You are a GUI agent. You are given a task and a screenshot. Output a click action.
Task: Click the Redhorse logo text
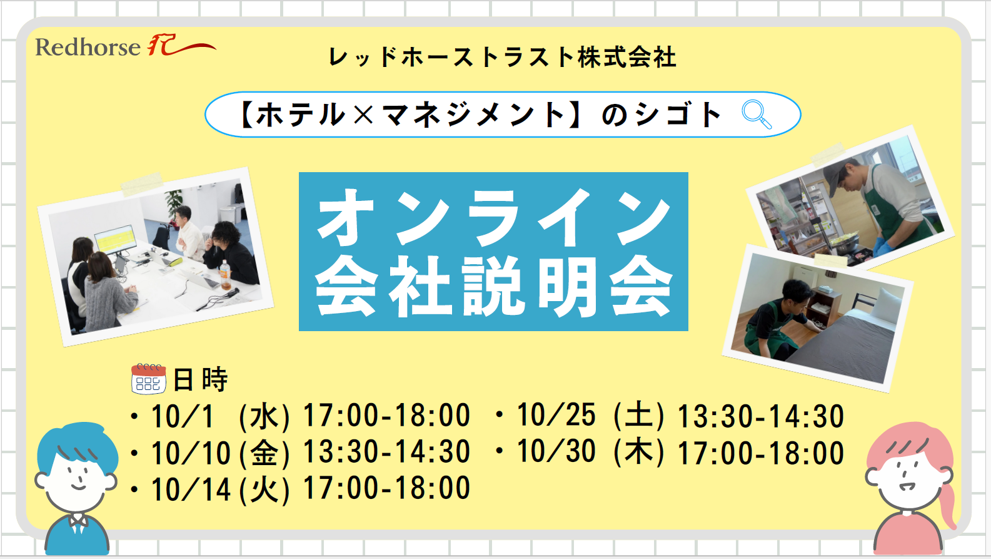pos(88,47)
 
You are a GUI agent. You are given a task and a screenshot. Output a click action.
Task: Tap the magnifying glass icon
pos(757,115)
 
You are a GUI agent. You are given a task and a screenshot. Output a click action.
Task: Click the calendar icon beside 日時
pos(149,379)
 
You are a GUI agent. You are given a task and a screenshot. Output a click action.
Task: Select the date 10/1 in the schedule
pos(183,416)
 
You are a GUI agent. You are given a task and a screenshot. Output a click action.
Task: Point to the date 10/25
pos(556,415)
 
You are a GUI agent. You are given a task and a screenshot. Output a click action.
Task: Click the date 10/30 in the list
pos(556,451)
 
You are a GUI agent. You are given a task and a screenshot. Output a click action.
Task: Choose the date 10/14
pos(191,489)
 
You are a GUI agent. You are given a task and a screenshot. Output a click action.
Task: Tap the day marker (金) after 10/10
pos(264,453)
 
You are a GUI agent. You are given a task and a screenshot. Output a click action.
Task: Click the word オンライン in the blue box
pos(494,217)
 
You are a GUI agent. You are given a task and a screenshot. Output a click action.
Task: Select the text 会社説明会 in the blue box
pos(494,287)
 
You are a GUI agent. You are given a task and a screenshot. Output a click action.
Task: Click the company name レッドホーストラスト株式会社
pos(503,57)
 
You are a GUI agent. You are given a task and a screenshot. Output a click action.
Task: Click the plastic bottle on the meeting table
pos(226,275)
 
